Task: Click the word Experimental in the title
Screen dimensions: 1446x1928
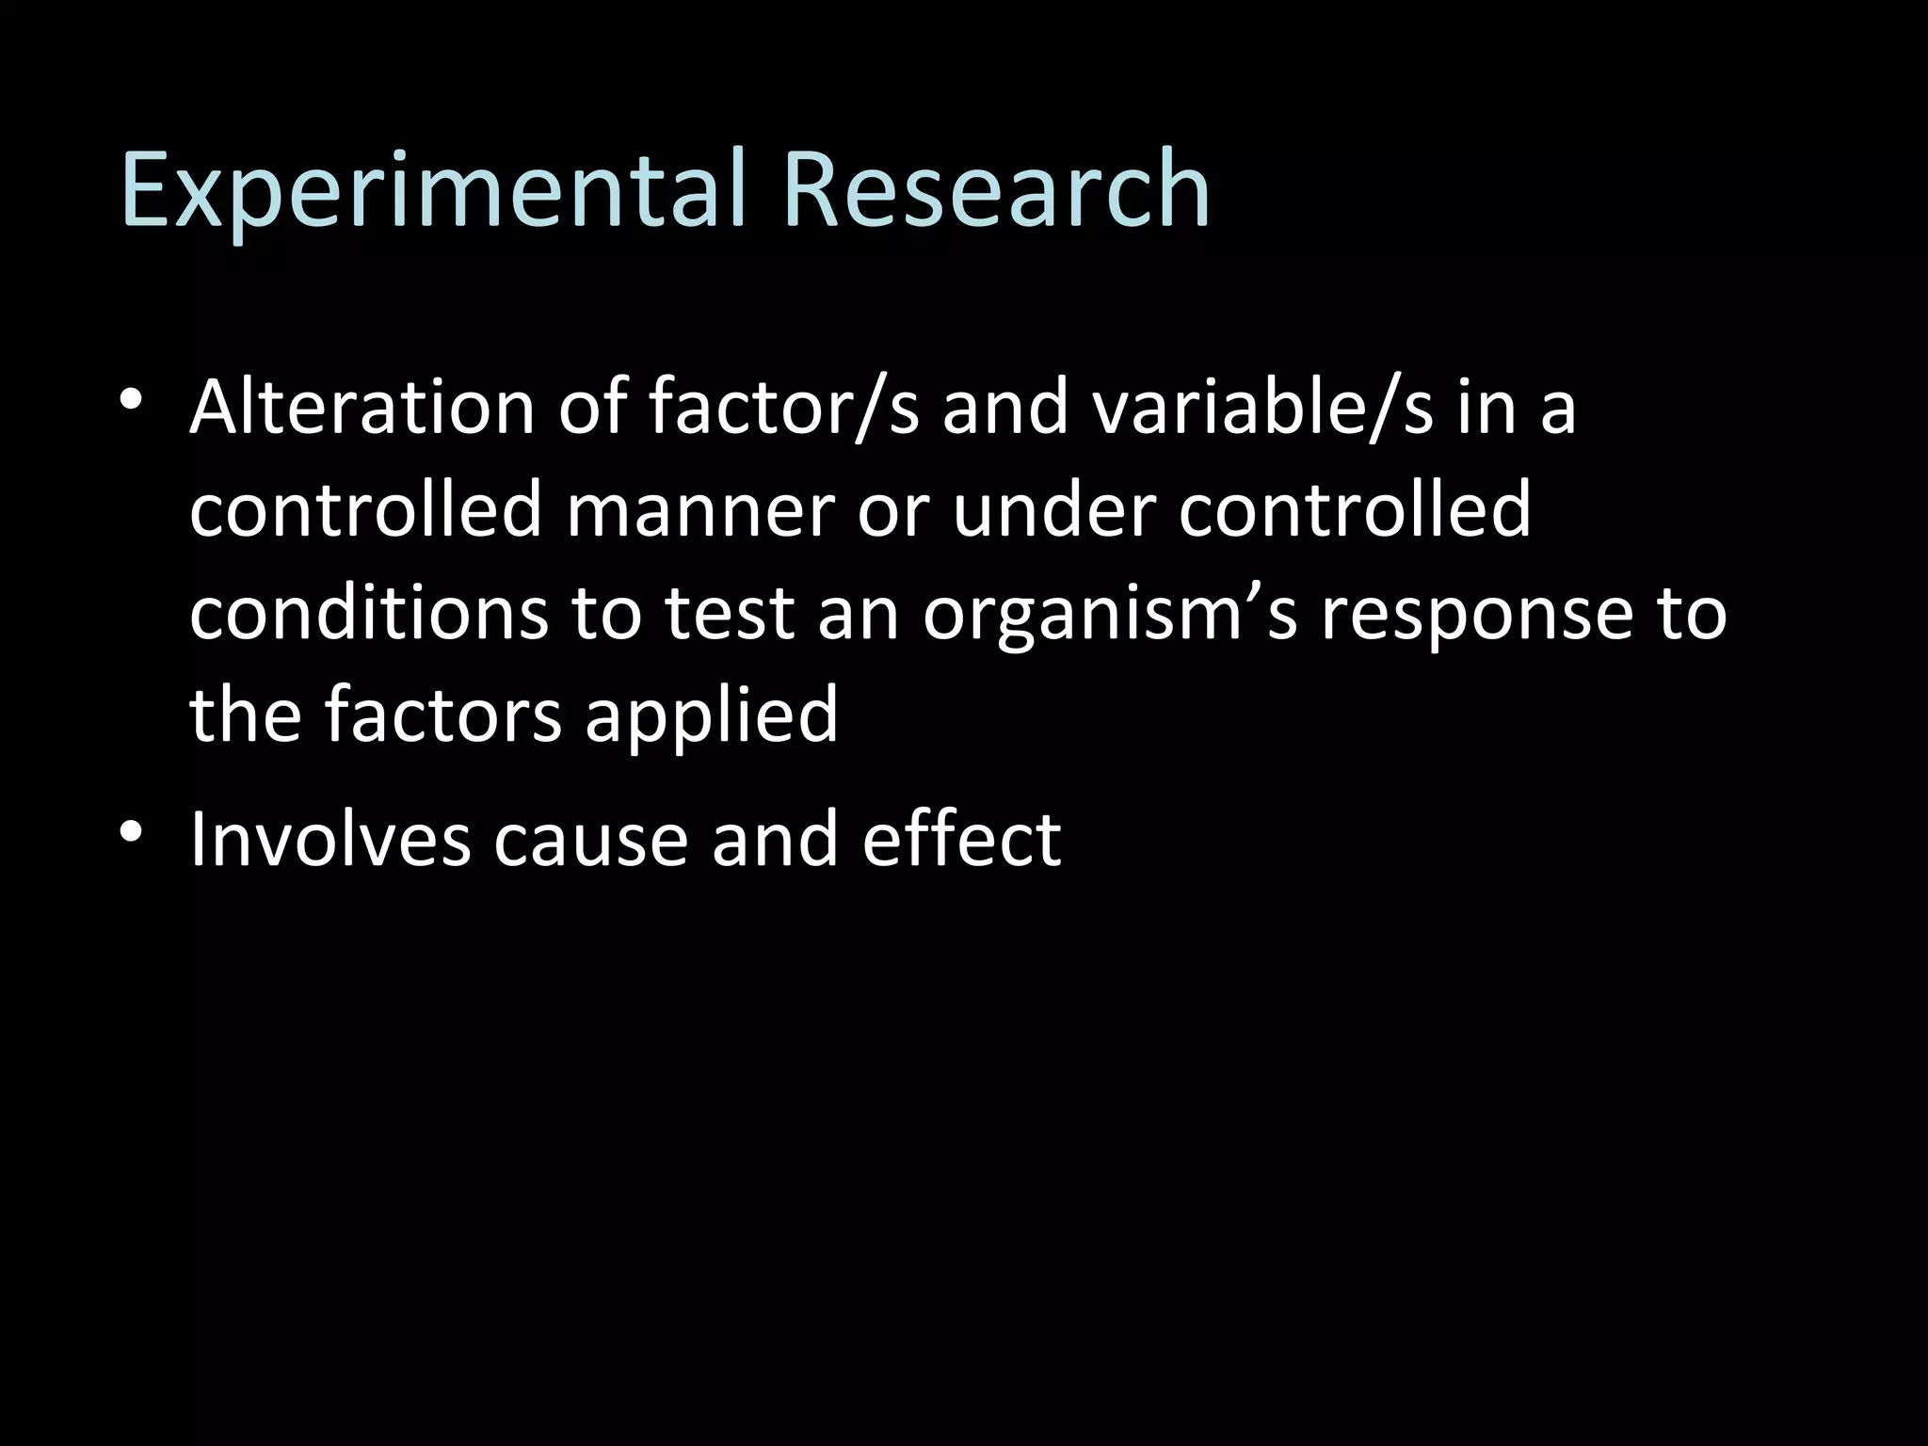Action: pyautogui.click(x=435, y=190)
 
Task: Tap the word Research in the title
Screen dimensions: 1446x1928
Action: pyautogui.click(x=996, y=190)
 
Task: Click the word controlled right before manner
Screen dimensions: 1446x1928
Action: pyautogui.click(x=365, y=510)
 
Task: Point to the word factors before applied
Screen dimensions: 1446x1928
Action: pyautogui.click(x=443, y=714)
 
